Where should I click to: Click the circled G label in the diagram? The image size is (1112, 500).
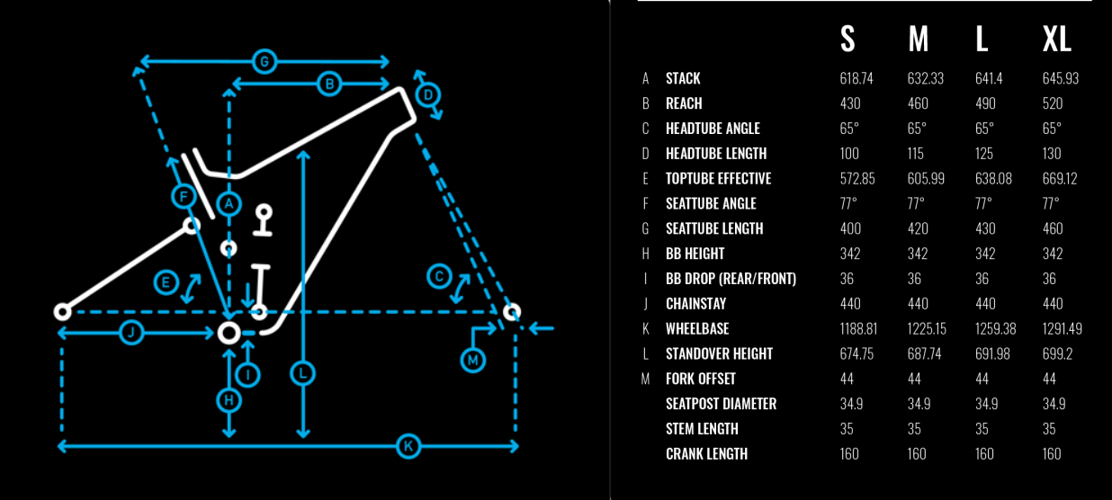265,62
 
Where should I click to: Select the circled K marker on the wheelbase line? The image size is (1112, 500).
408,446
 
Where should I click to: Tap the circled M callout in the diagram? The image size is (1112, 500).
472,360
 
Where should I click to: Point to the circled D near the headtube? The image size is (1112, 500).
428,94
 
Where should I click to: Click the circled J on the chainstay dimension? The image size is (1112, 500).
131,333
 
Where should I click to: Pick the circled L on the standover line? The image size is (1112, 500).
302,373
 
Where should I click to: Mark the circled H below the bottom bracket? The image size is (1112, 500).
229,400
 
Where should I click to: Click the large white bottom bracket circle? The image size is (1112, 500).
229,333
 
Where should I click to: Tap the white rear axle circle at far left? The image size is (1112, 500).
63,312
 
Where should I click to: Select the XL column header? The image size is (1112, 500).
1057,39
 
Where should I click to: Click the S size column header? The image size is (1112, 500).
847,39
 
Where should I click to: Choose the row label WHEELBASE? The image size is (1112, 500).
697,328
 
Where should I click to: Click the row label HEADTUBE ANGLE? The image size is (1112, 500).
713,129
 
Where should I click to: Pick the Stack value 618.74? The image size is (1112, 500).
856,78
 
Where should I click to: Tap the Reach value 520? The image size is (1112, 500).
1053,103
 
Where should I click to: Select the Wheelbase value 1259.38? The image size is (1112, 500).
995,328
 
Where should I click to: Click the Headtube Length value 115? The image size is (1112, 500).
915,153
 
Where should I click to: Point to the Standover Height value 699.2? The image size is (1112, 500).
1057,353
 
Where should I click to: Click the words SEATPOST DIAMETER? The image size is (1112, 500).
721,404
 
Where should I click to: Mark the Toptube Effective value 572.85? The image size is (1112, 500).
857,179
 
